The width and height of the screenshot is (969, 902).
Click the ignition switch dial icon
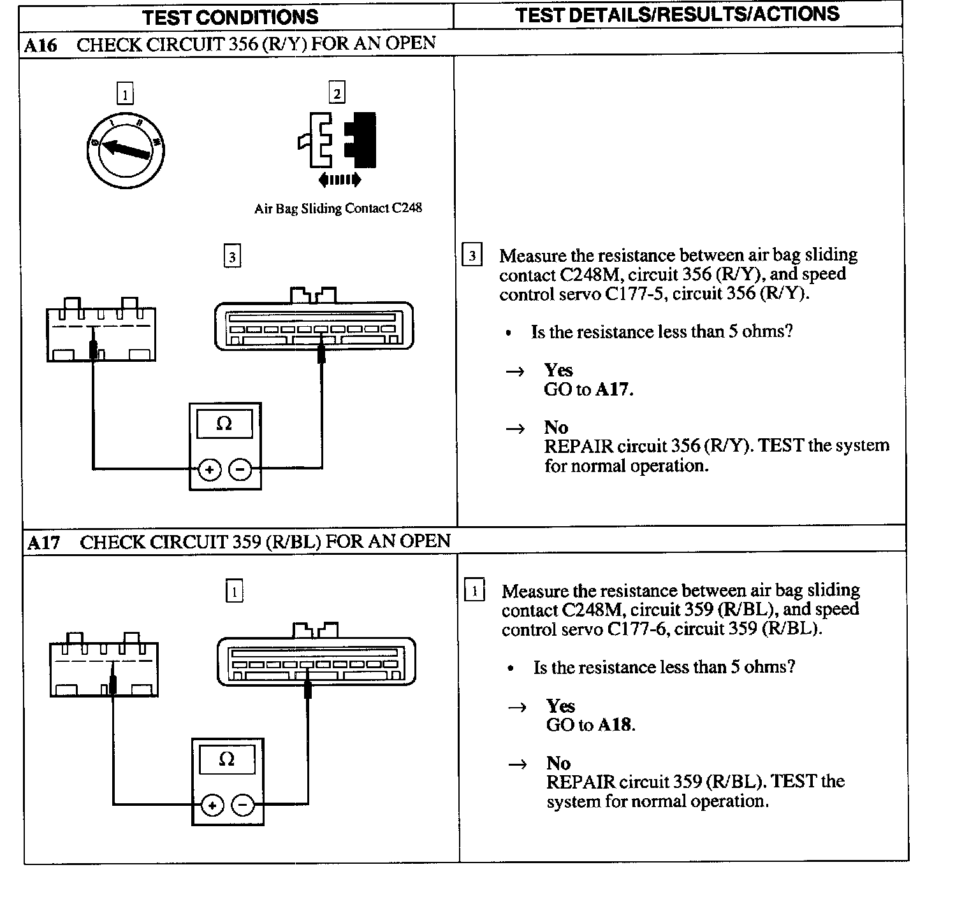coord(125,150)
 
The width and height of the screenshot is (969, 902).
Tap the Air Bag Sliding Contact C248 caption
coord(338,208)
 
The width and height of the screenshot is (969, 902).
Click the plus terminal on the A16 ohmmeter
coord(210,470)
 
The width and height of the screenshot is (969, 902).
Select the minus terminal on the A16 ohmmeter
coord(240,470)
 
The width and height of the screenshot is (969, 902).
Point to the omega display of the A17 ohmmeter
coord(226,759)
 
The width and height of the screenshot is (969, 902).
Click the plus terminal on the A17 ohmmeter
coord(212,806)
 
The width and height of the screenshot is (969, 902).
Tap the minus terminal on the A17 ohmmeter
coord(243,806)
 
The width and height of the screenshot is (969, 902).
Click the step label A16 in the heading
coord(41,45)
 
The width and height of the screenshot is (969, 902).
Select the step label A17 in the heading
coord(44,543)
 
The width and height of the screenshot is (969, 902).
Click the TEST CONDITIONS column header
coord(230,17)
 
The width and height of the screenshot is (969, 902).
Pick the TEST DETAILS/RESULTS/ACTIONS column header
coord(677,15)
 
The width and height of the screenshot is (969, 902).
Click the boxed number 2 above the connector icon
coord(337,93)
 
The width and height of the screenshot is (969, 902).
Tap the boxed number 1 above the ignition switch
coord(125,95)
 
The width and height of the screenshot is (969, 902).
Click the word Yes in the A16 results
coord(558,370)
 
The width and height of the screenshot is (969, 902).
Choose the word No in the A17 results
coord(558,763)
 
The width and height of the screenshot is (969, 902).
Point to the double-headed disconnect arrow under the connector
coord(339,180)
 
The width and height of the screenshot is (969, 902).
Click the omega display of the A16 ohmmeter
coord(224,424)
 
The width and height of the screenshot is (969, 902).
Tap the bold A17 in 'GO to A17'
coord(613,389)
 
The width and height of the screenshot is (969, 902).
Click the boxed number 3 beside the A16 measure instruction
coord(472,256)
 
